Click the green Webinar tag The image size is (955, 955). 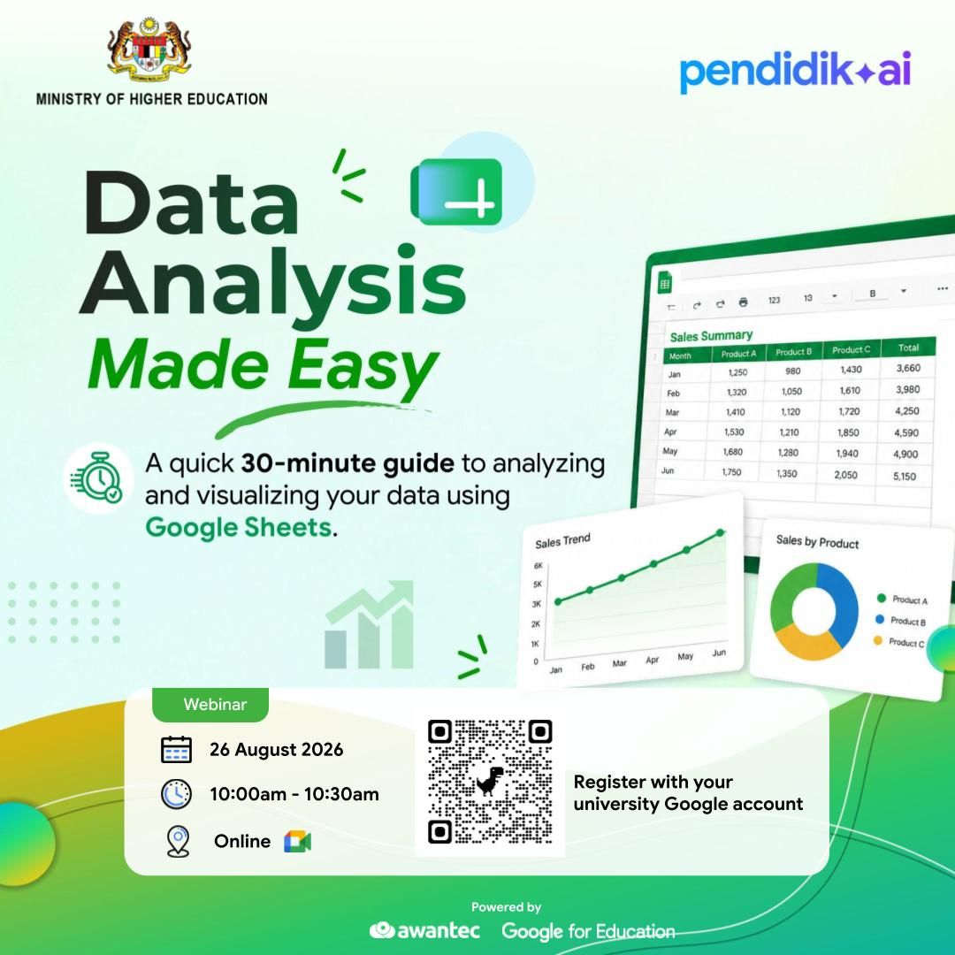210,705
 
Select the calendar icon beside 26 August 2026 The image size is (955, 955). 176,749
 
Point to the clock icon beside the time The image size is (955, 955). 176,793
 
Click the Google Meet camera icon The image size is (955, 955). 297,841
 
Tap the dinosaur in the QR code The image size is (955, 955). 490,782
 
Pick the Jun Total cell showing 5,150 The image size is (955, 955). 905,477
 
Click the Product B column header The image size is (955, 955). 793,352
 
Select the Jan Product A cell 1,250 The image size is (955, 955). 737,372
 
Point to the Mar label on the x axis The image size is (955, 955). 619,663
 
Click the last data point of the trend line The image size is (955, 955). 720,533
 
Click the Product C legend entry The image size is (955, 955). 899,642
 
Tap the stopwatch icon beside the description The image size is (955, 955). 98,478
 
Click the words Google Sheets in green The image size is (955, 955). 239,527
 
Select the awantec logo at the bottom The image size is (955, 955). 424,930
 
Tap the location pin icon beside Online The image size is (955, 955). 178,841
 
